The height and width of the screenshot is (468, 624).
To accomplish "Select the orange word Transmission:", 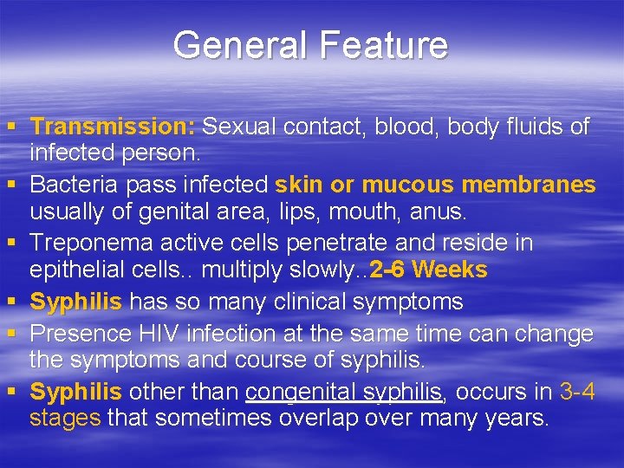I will [x=112, y=127].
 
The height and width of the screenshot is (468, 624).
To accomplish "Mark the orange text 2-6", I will [x=388, y=270].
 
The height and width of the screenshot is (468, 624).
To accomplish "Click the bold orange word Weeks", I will [x=451, y=270].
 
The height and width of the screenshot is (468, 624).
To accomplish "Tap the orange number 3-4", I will [x=577, y=392].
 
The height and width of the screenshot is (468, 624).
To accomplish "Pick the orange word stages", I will [x=65, y=418].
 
